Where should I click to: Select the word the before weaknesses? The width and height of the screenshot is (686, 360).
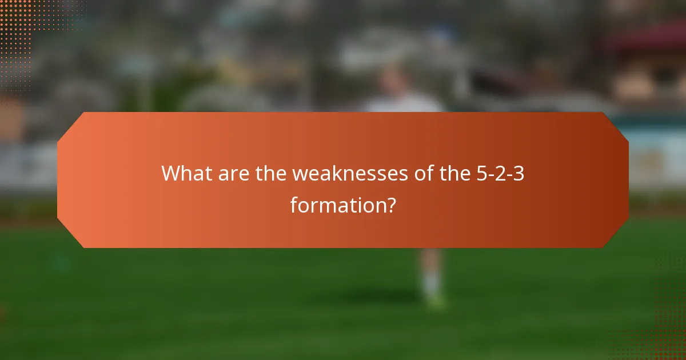271,173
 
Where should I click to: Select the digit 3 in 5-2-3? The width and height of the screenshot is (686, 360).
519,173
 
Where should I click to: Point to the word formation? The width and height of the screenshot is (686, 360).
335,204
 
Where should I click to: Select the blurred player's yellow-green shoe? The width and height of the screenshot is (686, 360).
437,301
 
